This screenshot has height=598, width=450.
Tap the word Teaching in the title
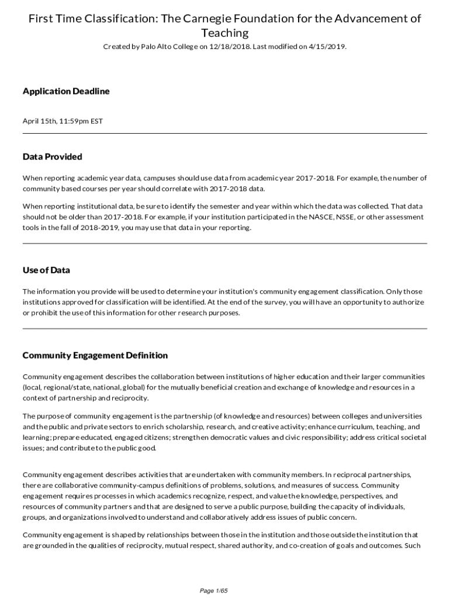(225, 33)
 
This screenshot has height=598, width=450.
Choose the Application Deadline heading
(66, 91)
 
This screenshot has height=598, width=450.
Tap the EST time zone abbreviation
(96, 121)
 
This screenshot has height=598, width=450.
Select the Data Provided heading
(52, 157)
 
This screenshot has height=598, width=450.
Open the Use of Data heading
(46, 270)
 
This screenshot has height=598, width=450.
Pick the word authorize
(409, 302)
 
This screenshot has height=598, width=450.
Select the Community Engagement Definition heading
(95, 355)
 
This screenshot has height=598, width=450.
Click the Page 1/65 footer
(213, 591)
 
